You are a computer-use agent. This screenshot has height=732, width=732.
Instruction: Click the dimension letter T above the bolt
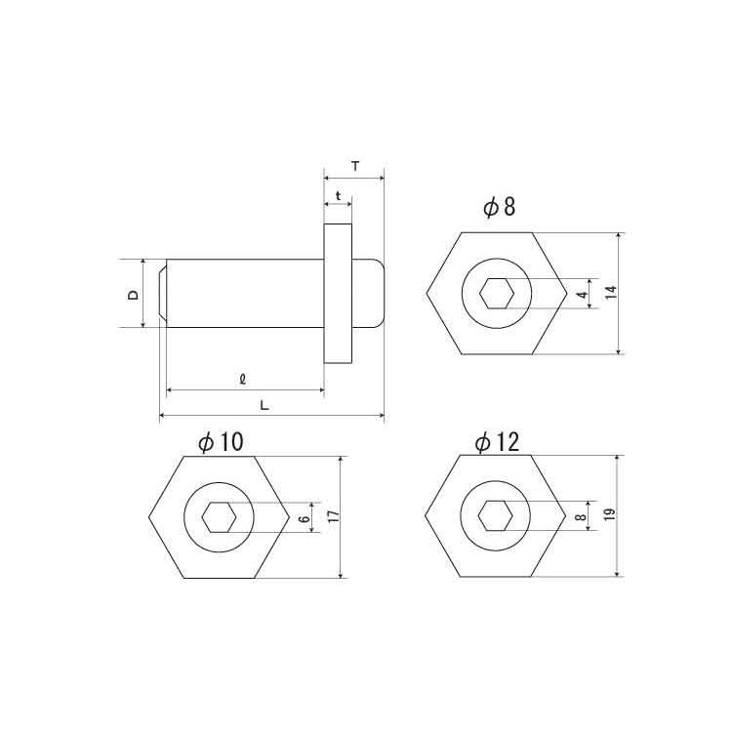coord(355,166)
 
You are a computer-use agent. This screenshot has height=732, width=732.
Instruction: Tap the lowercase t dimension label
coord(338,196)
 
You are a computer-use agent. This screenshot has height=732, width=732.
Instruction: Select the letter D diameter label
coord(134,295)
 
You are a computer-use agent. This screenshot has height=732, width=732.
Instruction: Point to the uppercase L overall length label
coord(264,405)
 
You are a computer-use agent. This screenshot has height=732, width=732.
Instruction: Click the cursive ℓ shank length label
coord(242,380)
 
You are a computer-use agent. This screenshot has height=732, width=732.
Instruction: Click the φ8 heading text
coord(499,207)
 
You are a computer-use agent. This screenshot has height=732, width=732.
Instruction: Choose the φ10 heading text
coord(221,442)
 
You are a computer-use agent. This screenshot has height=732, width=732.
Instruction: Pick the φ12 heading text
coord(497,441)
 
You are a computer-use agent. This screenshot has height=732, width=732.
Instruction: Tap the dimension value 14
coord(611,292)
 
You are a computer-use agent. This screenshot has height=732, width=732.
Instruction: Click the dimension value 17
coord(334,516)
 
